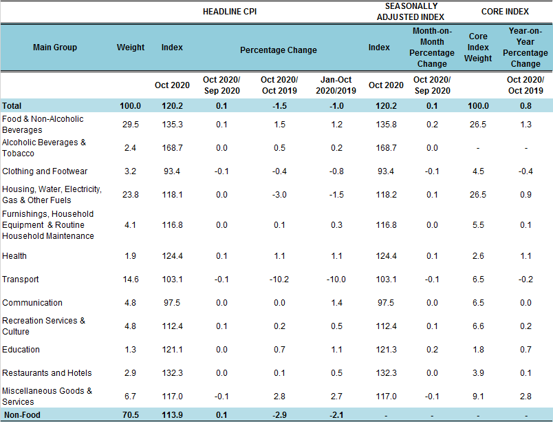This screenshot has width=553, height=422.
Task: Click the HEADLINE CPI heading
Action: coord(230,11)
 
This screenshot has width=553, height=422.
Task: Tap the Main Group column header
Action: coord(55,48)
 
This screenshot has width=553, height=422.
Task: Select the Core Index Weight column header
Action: coord(478,48)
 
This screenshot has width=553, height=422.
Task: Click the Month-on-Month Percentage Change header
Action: coord(432,48)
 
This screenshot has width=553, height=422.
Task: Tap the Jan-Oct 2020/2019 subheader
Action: coord(336,85)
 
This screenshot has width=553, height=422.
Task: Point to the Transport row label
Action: coord(21,279)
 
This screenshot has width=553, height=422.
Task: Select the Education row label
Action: coord(21,350)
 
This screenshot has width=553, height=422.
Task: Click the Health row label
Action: coord(14,256)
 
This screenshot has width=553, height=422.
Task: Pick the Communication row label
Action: coord(32,303)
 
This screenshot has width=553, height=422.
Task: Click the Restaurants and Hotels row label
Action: coord(47,373)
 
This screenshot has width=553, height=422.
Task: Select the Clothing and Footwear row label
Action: coord(44,171)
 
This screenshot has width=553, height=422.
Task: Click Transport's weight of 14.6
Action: coord(130,279)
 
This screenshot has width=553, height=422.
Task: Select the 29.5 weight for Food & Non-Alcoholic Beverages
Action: coord(130,125)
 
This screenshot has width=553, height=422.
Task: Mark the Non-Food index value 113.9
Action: coord(171,415)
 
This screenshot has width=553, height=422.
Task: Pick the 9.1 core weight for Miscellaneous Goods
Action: coord(478,397)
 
